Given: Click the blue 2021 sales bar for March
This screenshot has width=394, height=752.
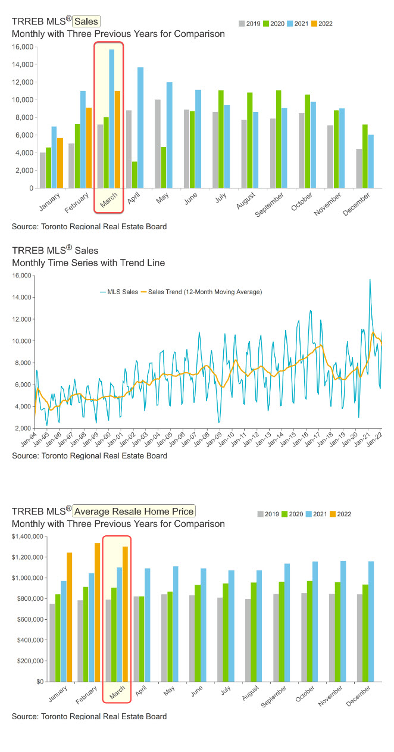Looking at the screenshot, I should (111, 119).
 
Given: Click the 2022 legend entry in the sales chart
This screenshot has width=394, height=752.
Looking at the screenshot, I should (322, 24).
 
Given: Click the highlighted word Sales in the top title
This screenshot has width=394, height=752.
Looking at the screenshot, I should (86, 22).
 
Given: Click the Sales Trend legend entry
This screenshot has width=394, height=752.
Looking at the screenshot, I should (202, 292).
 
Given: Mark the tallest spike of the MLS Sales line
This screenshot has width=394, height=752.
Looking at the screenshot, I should (370, 280).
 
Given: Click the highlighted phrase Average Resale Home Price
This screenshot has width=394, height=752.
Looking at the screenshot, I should (135, 511).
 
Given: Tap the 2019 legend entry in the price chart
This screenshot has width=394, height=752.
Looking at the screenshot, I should (268, 514).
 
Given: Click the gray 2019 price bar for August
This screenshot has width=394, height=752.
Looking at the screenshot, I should (247, 640).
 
